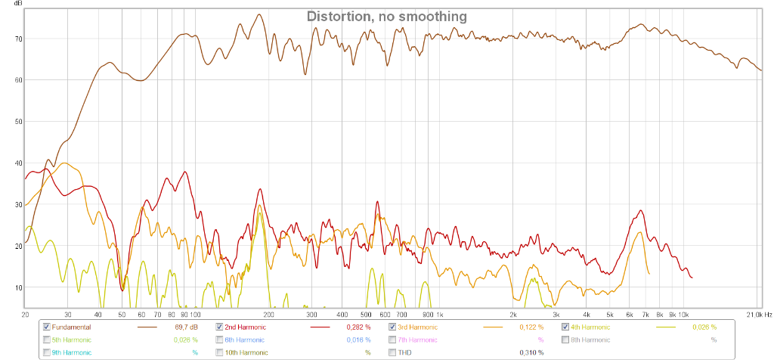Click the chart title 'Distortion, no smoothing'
pyautogui.click(x=386, y=16)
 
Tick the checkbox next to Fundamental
pyautogui.click(x=47, y=327)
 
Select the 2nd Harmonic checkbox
pyautogui.click(x=220, y=327)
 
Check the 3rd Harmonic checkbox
pyautogui.click(x=392, y=327)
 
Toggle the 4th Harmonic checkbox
pyautogui.click(x=565, y=327)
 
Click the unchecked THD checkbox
pyautogui.click(x=392, y=352)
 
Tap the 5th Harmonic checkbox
pyautogui.click(x=47, y=340)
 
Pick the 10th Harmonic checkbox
pyautogui.click(x=220, y=352)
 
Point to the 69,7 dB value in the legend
pyautogui.click(x=186, y=327)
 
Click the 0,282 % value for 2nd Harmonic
pyautogui.click(x=358, y=327)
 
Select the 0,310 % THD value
pyautogui.click(x=531, y=352)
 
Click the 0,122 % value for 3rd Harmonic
pyautogui.click(x=531, y=327)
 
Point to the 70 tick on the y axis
pyautogui.click(x=19, y=39)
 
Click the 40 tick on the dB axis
pyautogui.click(x=19, y=163)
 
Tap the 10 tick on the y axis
pyautogui.click(x=19, y=287)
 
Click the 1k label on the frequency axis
pyautogui.click(x=439, y=314)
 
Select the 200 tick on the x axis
pyautogui.click(x=268, y=314)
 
